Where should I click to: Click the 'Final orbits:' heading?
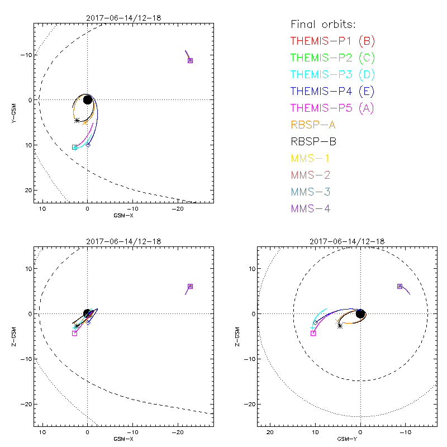tap(323, 25)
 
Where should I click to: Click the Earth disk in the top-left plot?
tap(88, 99)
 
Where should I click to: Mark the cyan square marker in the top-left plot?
tap(75, 147)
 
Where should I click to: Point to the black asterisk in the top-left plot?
tap(77, 120)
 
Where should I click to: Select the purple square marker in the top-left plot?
tap(190, 60)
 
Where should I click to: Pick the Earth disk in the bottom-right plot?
tap(361, 314)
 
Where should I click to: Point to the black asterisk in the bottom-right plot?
tap(340, 325)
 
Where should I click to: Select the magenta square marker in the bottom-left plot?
tap(74, 333)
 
